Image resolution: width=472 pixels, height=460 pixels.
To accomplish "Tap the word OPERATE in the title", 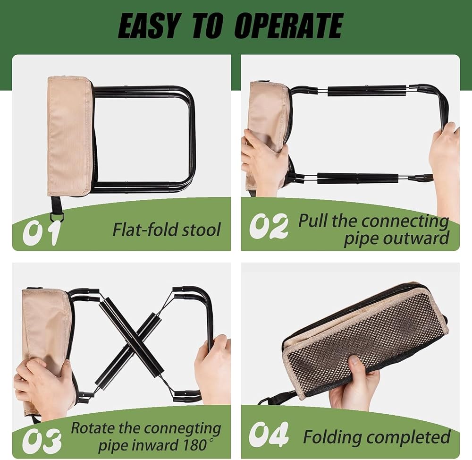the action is (x=288, y=26).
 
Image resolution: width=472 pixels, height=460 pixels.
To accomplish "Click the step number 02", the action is (x=269, y=226).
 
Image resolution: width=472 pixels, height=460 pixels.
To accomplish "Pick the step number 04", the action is (x=269, y=434).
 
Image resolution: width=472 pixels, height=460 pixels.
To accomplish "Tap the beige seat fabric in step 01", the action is (x=69, y=136).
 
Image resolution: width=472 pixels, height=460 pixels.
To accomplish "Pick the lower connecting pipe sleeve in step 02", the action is (x=358, y=178).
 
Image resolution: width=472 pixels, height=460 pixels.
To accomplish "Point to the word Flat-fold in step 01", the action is (x=140, y=230).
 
